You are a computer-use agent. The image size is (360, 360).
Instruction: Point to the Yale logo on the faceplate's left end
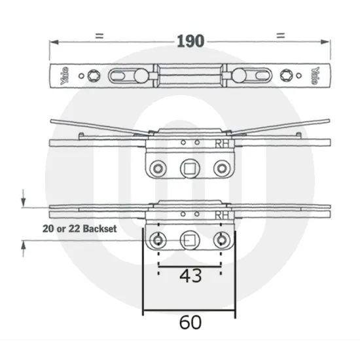64,76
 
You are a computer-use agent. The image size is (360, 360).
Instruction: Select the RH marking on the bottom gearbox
221,214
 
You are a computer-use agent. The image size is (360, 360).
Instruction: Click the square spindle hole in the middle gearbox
189,168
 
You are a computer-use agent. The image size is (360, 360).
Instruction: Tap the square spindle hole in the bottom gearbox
189,240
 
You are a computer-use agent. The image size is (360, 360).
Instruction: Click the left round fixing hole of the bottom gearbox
158,240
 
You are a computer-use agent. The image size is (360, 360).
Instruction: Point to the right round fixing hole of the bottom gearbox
221,240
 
